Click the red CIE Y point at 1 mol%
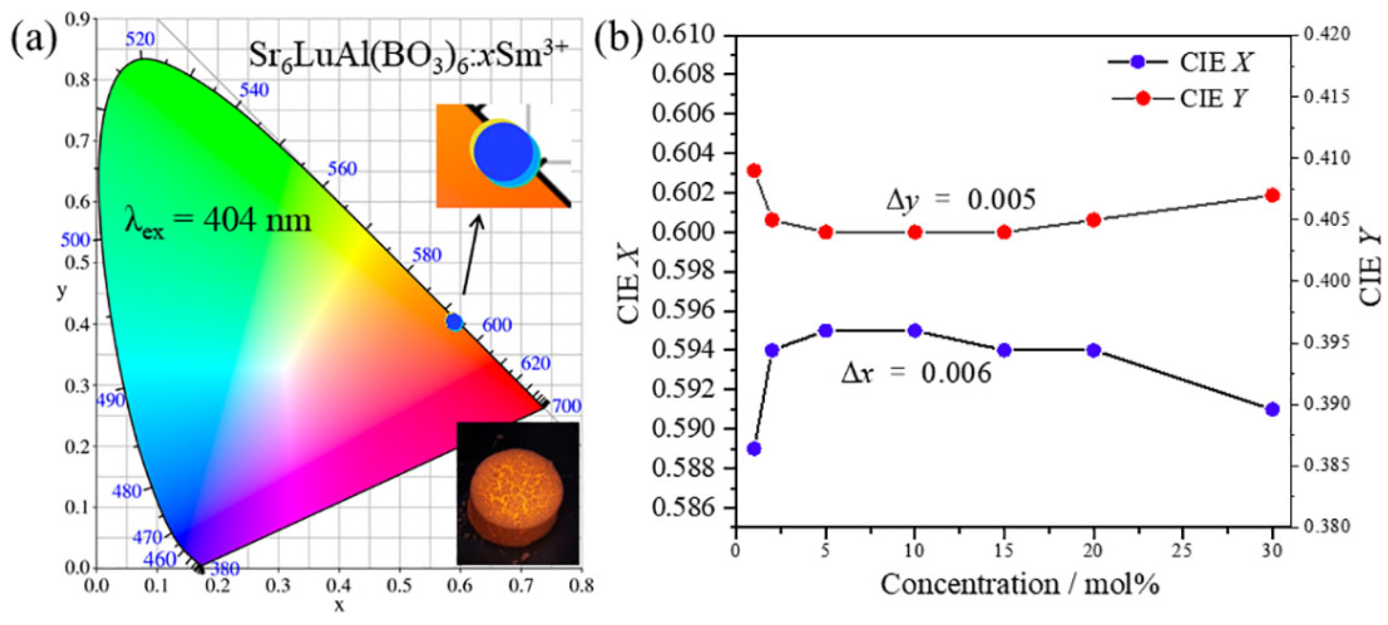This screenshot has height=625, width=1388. pyautogui.click(x=754, y=170)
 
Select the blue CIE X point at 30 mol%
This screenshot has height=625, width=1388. pyautogui.click(x=1273, y=409)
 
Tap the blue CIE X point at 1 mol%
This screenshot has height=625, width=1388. pyautogui.click(x=754, y=449)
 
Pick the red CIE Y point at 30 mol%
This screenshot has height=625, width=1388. pyautogui.click(x=1273, y=195)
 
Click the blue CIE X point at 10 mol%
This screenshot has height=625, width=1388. pyautogui.click(x=914, y=331)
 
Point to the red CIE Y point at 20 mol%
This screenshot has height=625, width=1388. pyautogui.click(x=1093, y=220)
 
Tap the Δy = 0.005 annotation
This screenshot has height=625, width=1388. pyautogui.click(x=960, y=200)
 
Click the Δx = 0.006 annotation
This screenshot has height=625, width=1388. pyautogui.click(x=916, y=373)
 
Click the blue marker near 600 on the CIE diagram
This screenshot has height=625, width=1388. pyautogui.click(x=454, y=322)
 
